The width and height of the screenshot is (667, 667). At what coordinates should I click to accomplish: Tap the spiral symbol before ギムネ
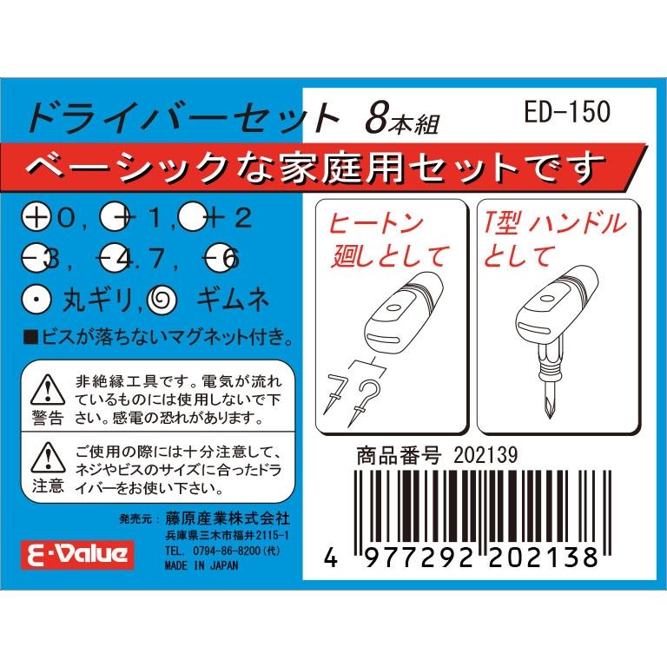tap(163, 300)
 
